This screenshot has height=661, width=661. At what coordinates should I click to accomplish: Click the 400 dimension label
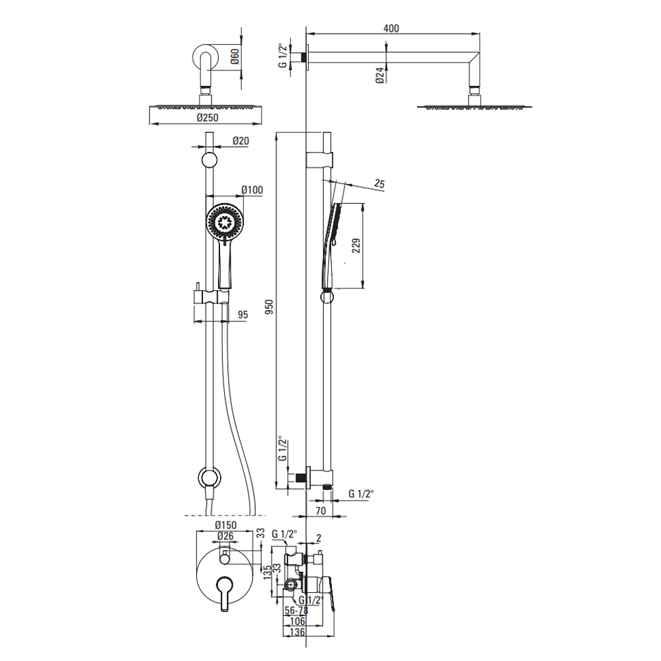pyautogui.click(x=391, y=28)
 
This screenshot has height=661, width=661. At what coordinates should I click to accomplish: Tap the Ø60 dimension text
pyautogui.click(x=235, y=56)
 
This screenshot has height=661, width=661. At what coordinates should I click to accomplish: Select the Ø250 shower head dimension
pyautogui.click(x=208, y=118)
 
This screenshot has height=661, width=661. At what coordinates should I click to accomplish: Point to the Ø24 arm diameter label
pyautogui.click(x=380, y=75)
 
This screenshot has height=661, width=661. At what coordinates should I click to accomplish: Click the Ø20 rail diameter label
pyautogui.click(x=241, y=141)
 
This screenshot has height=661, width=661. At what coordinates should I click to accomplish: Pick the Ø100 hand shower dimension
pyautogui.click(x=252, y=190)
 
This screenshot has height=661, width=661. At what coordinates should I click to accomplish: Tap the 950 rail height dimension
pyautogui.click(x=269, y=307)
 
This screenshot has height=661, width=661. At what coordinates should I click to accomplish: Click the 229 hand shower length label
pyautogui.click(x=356, y=246)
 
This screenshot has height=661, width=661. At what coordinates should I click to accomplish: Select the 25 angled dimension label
pyautogui.click(x=379, y=184)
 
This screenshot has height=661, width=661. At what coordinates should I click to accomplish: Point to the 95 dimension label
pyautogui.click(x=243, y=315)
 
